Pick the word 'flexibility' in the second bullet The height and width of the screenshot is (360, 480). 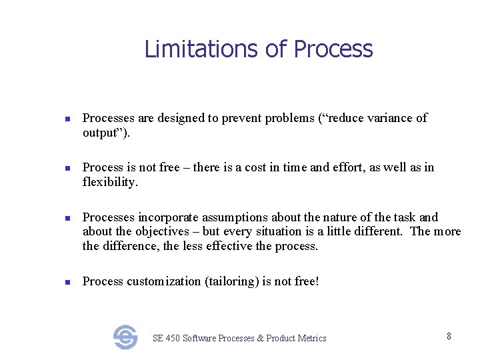110,182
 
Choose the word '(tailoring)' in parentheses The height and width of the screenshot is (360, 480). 233,281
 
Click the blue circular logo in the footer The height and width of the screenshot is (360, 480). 125,337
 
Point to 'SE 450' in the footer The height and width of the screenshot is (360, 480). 166,338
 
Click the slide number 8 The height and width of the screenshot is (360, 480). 449,336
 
